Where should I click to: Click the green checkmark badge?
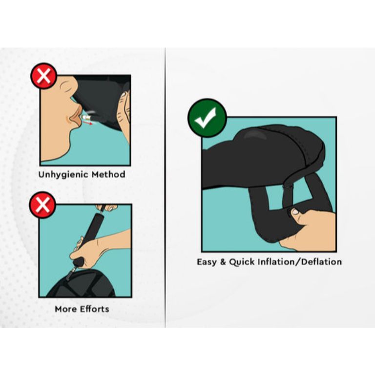click(207, 118)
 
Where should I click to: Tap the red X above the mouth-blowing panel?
click(44, 76)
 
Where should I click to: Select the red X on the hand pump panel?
click(42, 205)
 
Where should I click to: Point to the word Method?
click(108, 174)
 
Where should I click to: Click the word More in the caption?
click(66, 309)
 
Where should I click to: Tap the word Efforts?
click(94, 309)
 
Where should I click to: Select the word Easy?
click(207, 262)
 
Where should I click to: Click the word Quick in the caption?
click(242, 262)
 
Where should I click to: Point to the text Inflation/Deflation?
click(300, 262)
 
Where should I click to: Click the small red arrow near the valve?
click(89, 123)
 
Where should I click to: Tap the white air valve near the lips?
click(85, 117)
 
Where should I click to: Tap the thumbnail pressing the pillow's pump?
click(295, 211)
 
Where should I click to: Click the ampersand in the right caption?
click(223, 262)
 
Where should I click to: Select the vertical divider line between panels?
click(165, 187)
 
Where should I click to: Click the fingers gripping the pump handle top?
click(107, 207)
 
